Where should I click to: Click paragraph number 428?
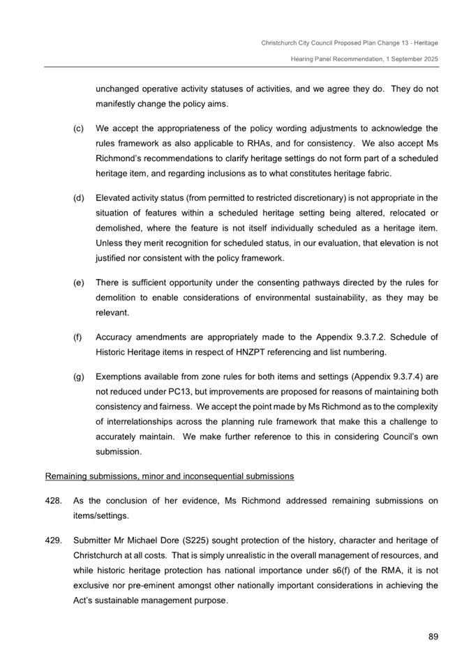coord(53,502)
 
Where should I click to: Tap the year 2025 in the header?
coord(428,60)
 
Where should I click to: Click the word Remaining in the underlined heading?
coord(66,476)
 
